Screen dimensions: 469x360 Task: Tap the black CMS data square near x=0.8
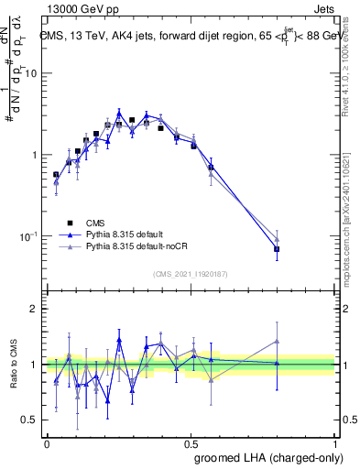coord(277,249)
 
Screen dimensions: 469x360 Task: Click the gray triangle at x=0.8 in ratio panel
coord(277,342)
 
